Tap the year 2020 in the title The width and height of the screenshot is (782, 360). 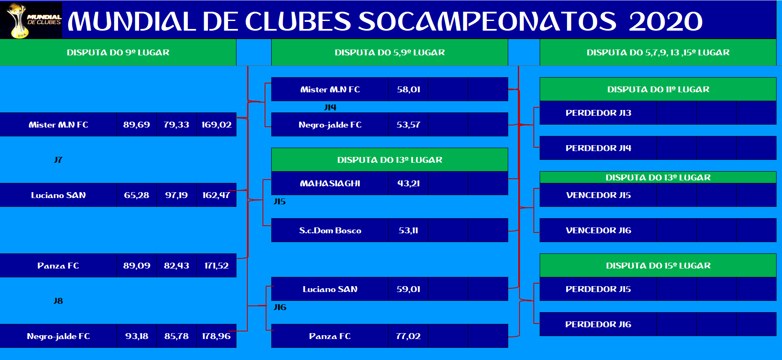click(x=666, y=21)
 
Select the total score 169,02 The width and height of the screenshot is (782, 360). click(x=216, y=125)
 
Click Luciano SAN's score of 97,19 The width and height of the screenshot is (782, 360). click(x=176, y=195)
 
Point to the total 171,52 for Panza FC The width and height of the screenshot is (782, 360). click(x=216, y=266)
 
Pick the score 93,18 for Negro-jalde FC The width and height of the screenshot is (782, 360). click(x=136, y=336)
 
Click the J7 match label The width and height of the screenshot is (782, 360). click(x=58, y=160)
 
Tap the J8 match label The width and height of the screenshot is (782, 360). click(x=58, y=301)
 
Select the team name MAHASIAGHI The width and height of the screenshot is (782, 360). click(x=330, y=183)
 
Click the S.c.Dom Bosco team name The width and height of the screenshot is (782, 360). click(x=330, y=230)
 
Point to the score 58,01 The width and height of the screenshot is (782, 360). click(x=409, y=89)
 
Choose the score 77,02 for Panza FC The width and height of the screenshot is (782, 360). click(x=408, y=336)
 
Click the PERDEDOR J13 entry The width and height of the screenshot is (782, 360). click(x=598, y=113)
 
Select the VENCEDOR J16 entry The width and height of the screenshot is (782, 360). click(x=598, y=230)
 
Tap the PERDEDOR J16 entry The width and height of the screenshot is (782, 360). click(x=598, y=324)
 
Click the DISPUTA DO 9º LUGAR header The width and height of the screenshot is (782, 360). click(x=118, y=52)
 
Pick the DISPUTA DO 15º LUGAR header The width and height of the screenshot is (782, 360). click(x=658, y=266)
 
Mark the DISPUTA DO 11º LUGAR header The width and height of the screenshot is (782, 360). click(x=658, y=89)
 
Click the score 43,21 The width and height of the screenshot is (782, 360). click(x=409, y=183)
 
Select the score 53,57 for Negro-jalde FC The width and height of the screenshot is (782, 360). click(x=408, y=125)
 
